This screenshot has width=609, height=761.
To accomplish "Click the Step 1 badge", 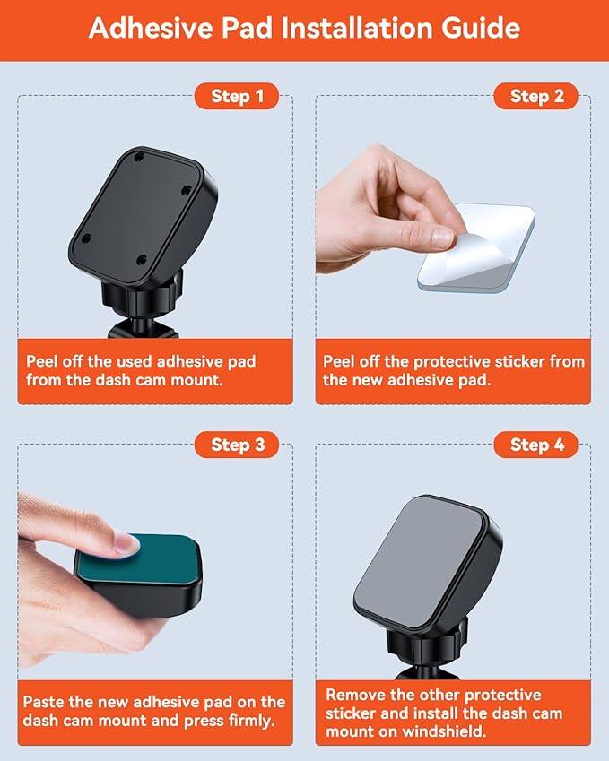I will tap(237, 96).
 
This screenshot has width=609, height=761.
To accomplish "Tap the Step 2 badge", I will tap(536, 96).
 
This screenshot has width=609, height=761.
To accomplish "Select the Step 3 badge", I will tap(237, 445).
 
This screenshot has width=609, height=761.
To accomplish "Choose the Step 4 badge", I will tap(536, 445).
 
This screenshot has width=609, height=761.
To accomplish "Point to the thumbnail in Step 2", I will tap(441, 237).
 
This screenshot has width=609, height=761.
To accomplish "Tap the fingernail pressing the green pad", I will tap(120, 541).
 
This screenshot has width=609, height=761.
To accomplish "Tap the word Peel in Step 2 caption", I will tap(339, 361).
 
